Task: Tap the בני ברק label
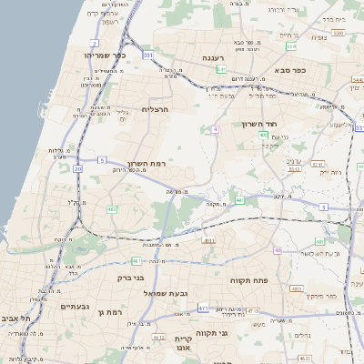[x=132, y=278]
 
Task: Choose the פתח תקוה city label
[x=248, y=281]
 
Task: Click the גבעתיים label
[x=54, y=307]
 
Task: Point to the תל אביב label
[x=14, y=318]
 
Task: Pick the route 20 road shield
[x=78, y=168]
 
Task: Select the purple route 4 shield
[x=216, y=129]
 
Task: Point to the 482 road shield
[x=111, y=209]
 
